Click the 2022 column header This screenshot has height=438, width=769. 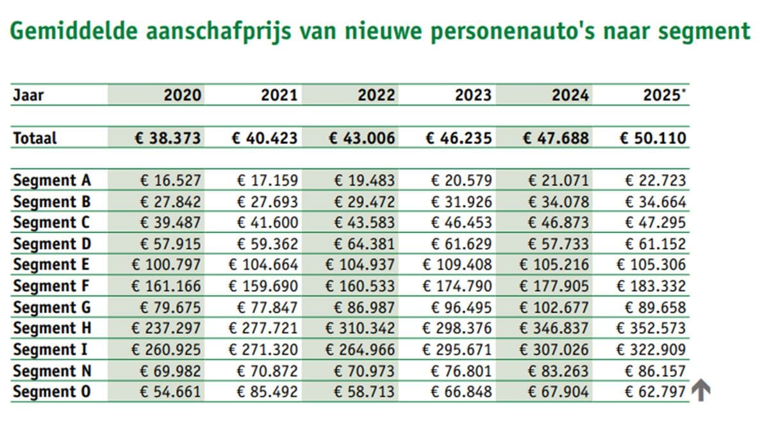pos(376,95)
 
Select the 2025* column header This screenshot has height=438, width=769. pos(664,95)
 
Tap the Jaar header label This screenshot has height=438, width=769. pos(28,95)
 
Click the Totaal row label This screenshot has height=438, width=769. pos(35,138)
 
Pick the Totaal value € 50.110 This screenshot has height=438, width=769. pos(653,138)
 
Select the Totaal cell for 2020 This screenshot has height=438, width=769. pos(167,138)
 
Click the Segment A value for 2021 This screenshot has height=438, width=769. pos(267,181)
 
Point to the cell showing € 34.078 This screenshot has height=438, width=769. pos(558,202)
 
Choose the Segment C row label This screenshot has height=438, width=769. pos(51,223)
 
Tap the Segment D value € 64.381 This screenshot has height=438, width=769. pos(364,244)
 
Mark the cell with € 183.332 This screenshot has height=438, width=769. pos(651,286)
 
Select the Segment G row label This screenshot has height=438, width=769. pos(51,307)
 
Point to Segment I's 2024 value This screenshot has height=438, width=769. pos(554,350)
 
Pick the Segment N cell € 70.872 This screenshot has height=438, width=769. pos(267,371)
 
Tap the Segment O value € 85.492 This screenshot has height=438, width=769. pos(267,391)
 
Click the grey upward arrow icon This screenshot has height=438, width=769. pos(702,391)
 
